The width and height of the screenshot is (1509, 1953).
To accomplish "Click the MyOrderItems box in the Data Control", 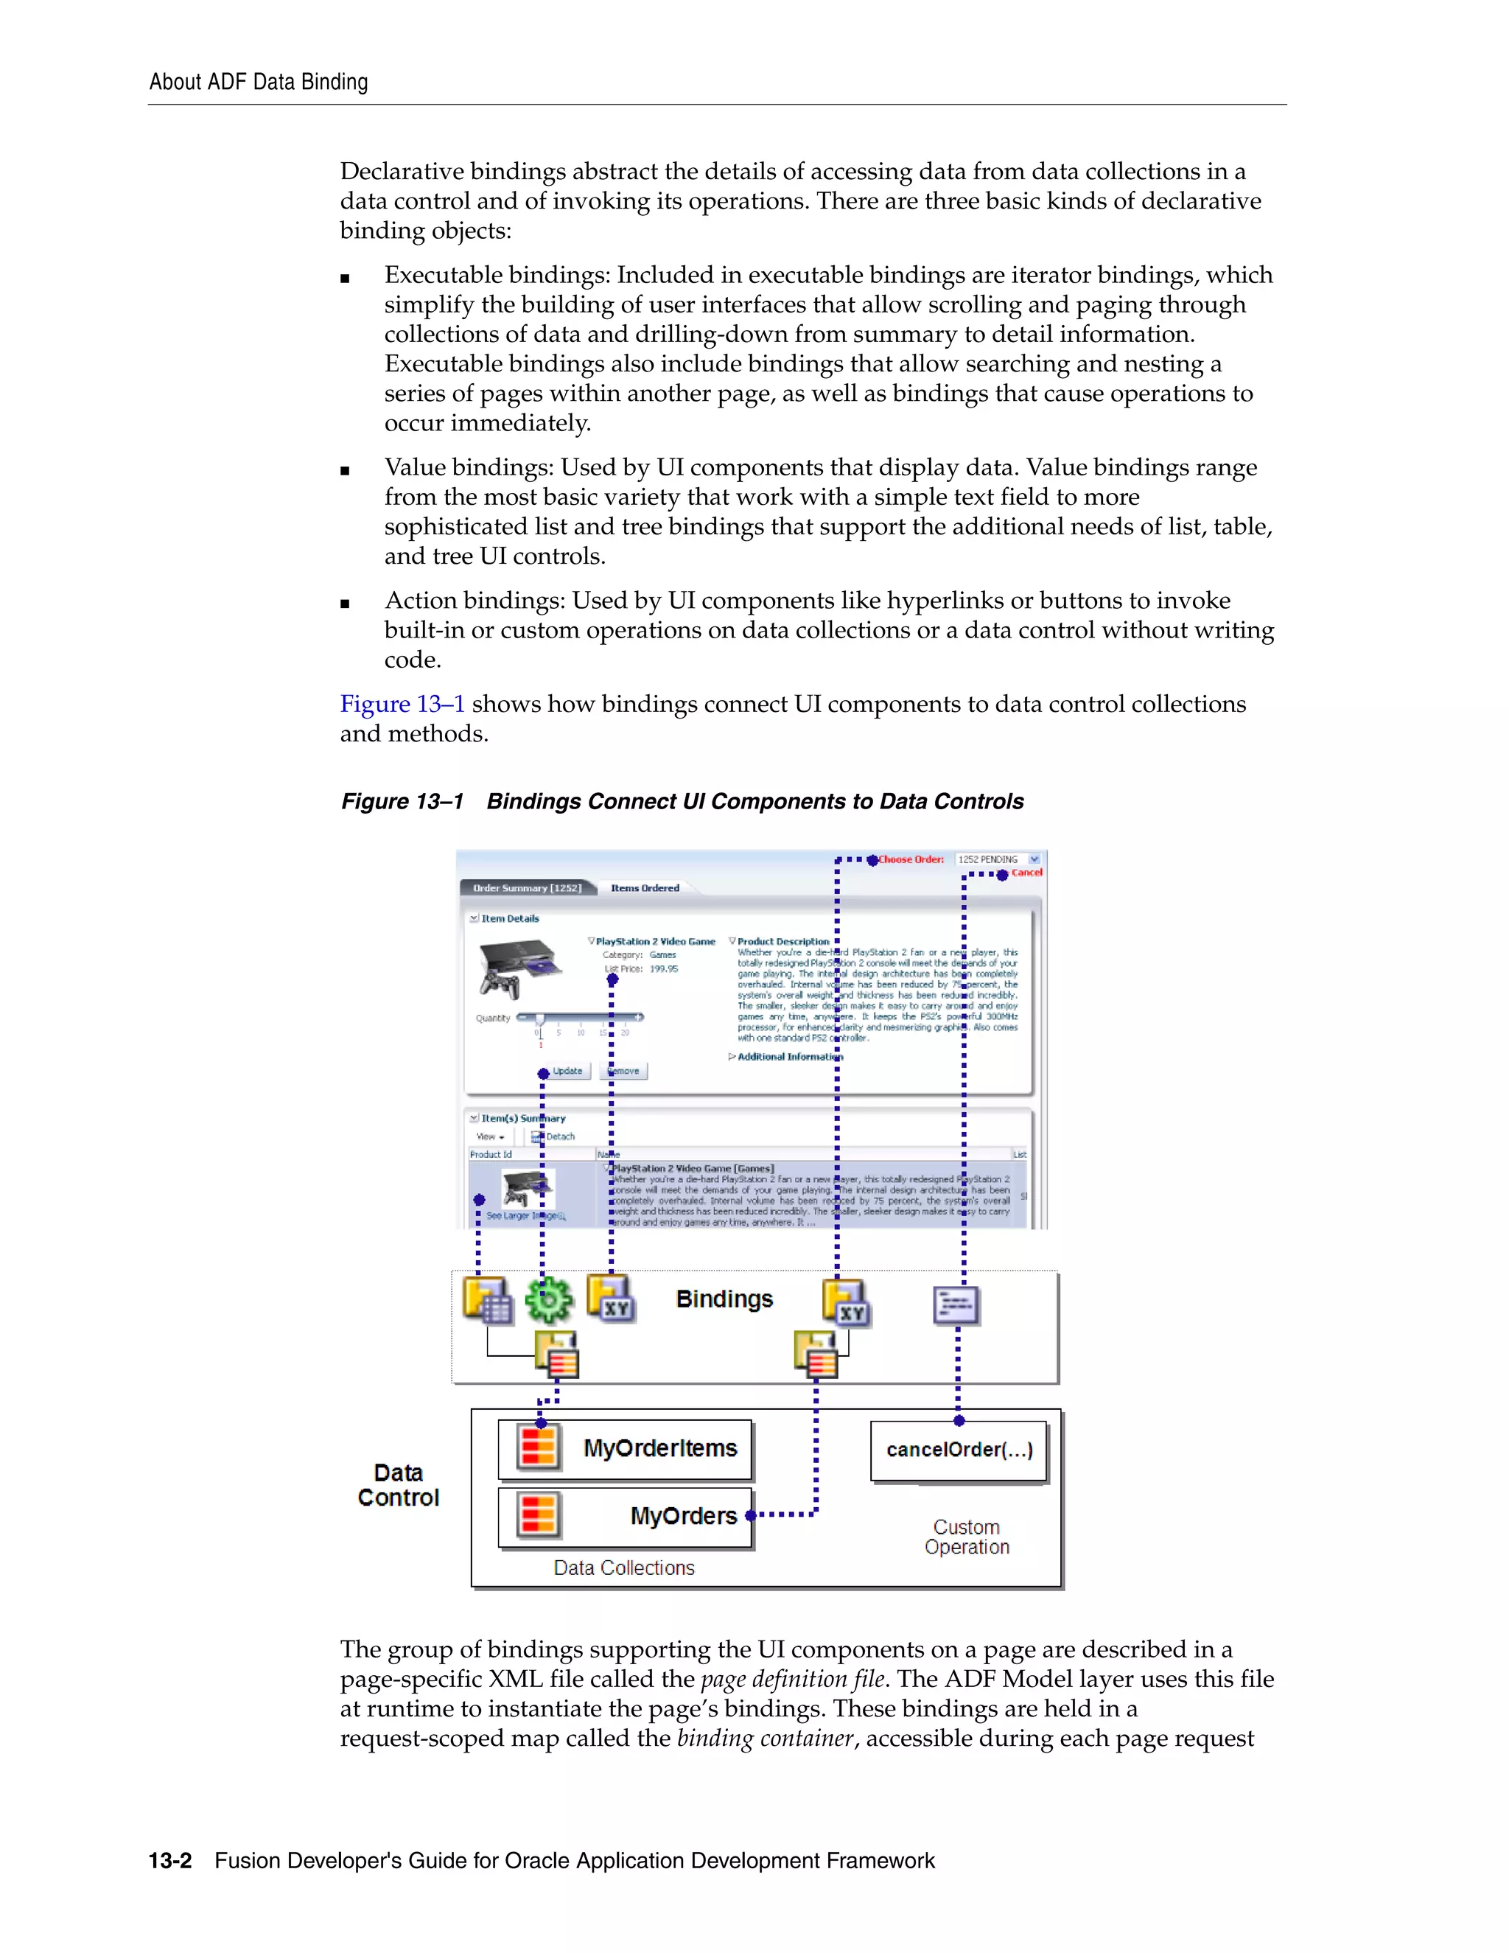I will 625,1449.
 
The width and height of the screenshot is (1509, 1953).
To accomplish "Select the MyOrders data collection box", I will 625,1517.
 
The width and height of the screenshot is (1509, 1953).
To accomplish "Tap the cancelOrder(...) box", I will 959,1450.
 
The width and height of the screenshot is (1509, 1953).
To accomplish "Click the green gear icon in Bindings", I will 548,1300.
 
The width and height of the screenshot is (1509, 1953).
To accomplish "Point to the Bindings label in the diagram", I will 724,1299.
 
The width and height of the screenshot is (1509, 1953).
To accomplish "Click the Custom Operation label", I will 967,1537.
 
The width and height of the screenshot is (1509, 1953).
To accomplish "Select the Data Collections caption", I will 623,1568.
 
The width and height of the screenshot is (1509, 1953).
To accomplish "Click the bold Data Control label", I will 398,1485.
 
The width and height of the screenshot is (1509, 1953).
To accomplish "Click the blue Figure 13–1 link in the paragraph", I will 402,705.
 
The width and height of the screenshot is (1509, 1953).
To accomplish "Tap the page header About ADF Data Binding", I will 259,83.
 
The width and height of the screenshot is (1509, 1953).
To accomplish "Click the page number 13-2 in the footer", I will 170,1861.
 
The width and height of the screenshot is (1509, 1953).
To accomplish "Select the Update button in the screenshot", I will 567,1072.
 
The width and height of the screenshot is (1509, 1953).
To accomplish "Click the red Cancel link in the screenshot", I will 1026,873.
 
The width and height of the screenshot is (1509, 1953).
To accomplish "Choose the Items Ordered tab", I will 645,888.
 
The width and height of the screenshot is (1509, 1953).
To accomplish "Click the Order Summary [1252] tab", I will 527,888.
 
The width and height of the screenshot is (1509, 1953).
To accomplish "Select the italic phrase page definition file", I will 792,1680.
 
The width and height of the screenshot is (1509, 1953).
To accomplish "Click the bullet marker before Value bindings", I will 345,470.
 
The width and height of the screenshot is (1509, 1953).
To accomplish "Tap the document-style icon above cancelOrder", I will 956,1306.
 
